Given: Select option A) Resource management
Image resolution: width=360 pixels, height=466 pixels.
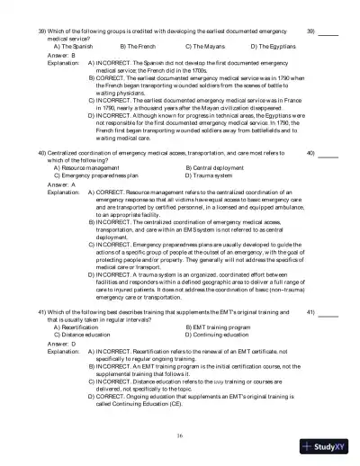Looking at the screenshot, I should [x=87, y=167].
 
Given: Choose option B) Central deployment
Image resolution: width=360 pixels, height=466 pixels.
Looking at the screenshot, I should [x=217, y=167].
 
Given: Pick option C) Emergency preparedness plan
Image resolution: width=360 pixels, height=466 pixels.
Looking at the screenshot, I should [x=98, y=175].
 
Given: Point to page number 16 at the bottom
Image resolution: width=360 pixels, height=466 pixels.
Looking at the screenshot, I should [x=180, y=435].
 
